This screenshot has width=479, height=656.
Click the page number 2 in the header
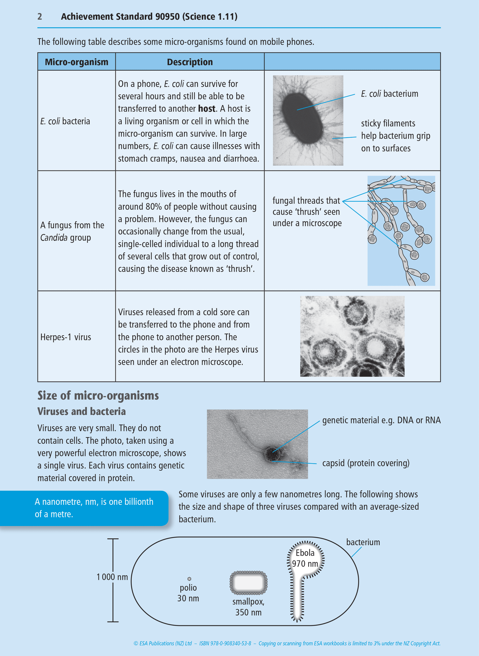(40, 17)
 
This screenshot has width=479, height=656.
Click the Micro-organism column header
(77, 62)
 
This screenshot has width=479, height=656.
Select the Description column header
(190, 62)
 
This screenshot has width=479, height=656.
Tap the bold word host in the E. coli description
(207, 109)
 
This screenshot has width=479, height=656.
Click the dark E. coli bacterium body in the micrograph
(302, 118)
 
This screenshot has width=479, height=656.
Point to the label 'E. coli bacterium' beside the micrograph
(389, 94)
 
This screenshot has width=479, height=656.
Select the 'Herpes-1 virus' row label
(66, 337)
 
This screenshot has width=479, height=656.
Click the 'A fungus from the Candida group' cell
(72, 231)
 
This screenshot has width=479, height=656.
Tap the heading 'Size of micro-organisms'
(98, 396)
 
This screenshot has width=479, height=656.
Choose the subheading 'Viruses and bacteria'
(82, 412)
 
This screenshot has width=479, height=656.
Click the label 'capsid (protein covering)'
(366, 463)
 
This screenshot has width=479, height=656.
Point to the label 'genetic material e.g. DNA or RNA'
(381, 421)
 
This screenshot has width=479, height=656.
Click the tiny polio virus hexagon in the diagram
(189, 579)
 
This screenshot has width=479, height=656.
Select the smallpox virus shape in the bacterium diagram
(249, 583)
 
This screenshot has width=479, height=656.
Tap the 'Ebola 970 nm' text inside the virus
(305, 558)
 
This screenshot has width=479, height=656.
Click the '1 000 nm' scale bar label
(112, 577)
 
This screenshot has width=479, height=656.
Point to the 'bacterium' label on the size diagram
(363, 542)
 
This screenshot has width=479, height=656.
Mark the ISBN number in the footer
(225, 643)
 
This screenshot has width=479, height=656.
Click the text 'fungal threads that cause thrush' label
(307, 212)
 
